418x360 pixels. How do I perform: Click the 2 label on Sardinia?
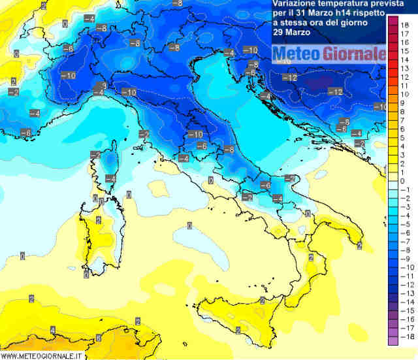coord(99,220)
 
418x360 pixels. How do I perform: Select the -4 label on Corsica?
coord(111,178)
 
